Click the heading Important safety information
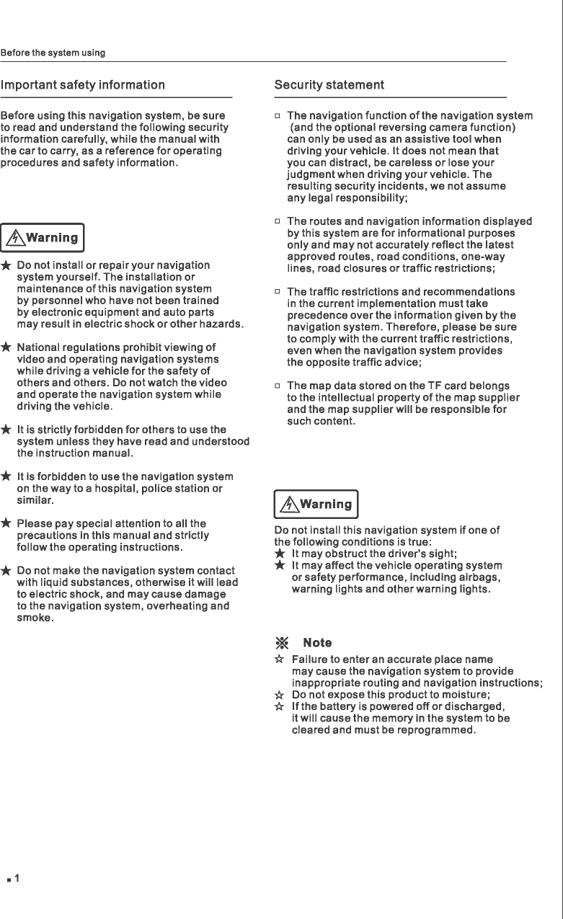[x=83, y=85]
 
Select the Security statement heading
[x=329, y=85]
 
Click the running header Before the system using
[x=53, y=53]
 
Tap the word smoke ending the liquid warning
[x=34, y=618]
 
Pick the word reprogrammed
[x=439, y=731]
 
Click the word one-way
[x=482, y=257]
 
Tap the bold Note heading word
[x=318, y=642]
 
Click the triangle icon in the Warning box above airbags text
[x=288, y=505]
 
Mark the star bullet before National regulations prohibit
[x=6, y=348]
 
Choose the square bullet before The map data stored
[x=277, y=386]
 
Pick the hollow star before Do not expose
[x=279, y=696]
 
